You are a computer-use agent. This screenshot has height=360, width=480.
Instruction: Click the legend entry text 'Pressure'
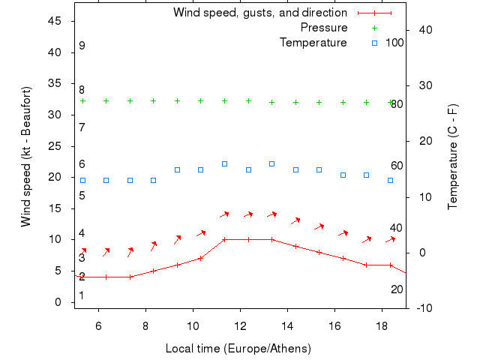(x=324, y=28)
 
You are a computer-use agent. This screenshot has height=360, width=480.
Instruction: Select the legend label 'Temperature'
(x=313, y=43)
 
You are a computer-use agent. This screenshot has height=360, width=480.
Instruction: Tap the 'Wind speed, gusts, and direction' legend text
(x=260, y=13)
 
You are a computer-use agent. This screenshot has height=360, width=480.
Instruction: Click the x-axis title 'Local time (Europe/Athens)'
(x=238, y=349)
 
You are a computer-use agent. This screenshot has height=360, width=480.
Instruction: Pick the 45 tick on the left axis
(x=55, y=21)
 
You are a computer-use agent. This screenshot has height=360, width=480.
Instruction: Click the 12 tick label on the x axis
(x=240, y=325)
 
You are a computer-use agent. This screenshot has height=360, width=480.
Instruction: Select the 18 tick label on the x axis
(x=382, y=325)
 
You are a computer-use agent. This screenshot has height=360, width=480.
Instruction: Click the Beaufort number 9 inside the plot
(x=82, y=46)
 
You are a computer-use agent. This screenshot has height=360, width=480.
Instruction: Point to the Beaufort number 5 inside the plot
(x=82, y=196)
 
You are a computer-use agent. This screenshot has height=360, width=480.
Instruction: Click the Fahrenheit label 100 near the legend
(x=394, y=43)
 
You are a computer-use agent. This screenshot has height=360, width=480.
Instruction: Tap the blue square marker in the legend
(x=374, y=43)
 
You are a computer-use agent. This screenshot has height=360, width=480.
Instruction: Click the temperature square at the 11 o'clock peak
(x=224, y=163)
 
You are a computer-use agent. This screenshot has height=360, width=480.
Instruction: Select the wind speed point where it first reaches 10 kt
(x=224, y=240)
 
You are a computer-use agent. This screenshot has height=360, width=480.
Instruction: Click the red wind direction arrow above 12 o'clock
(x=248, y=214)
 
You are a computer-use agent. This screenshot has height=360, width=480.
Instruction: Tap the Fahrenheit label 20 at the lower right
(x=397, y=289)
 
